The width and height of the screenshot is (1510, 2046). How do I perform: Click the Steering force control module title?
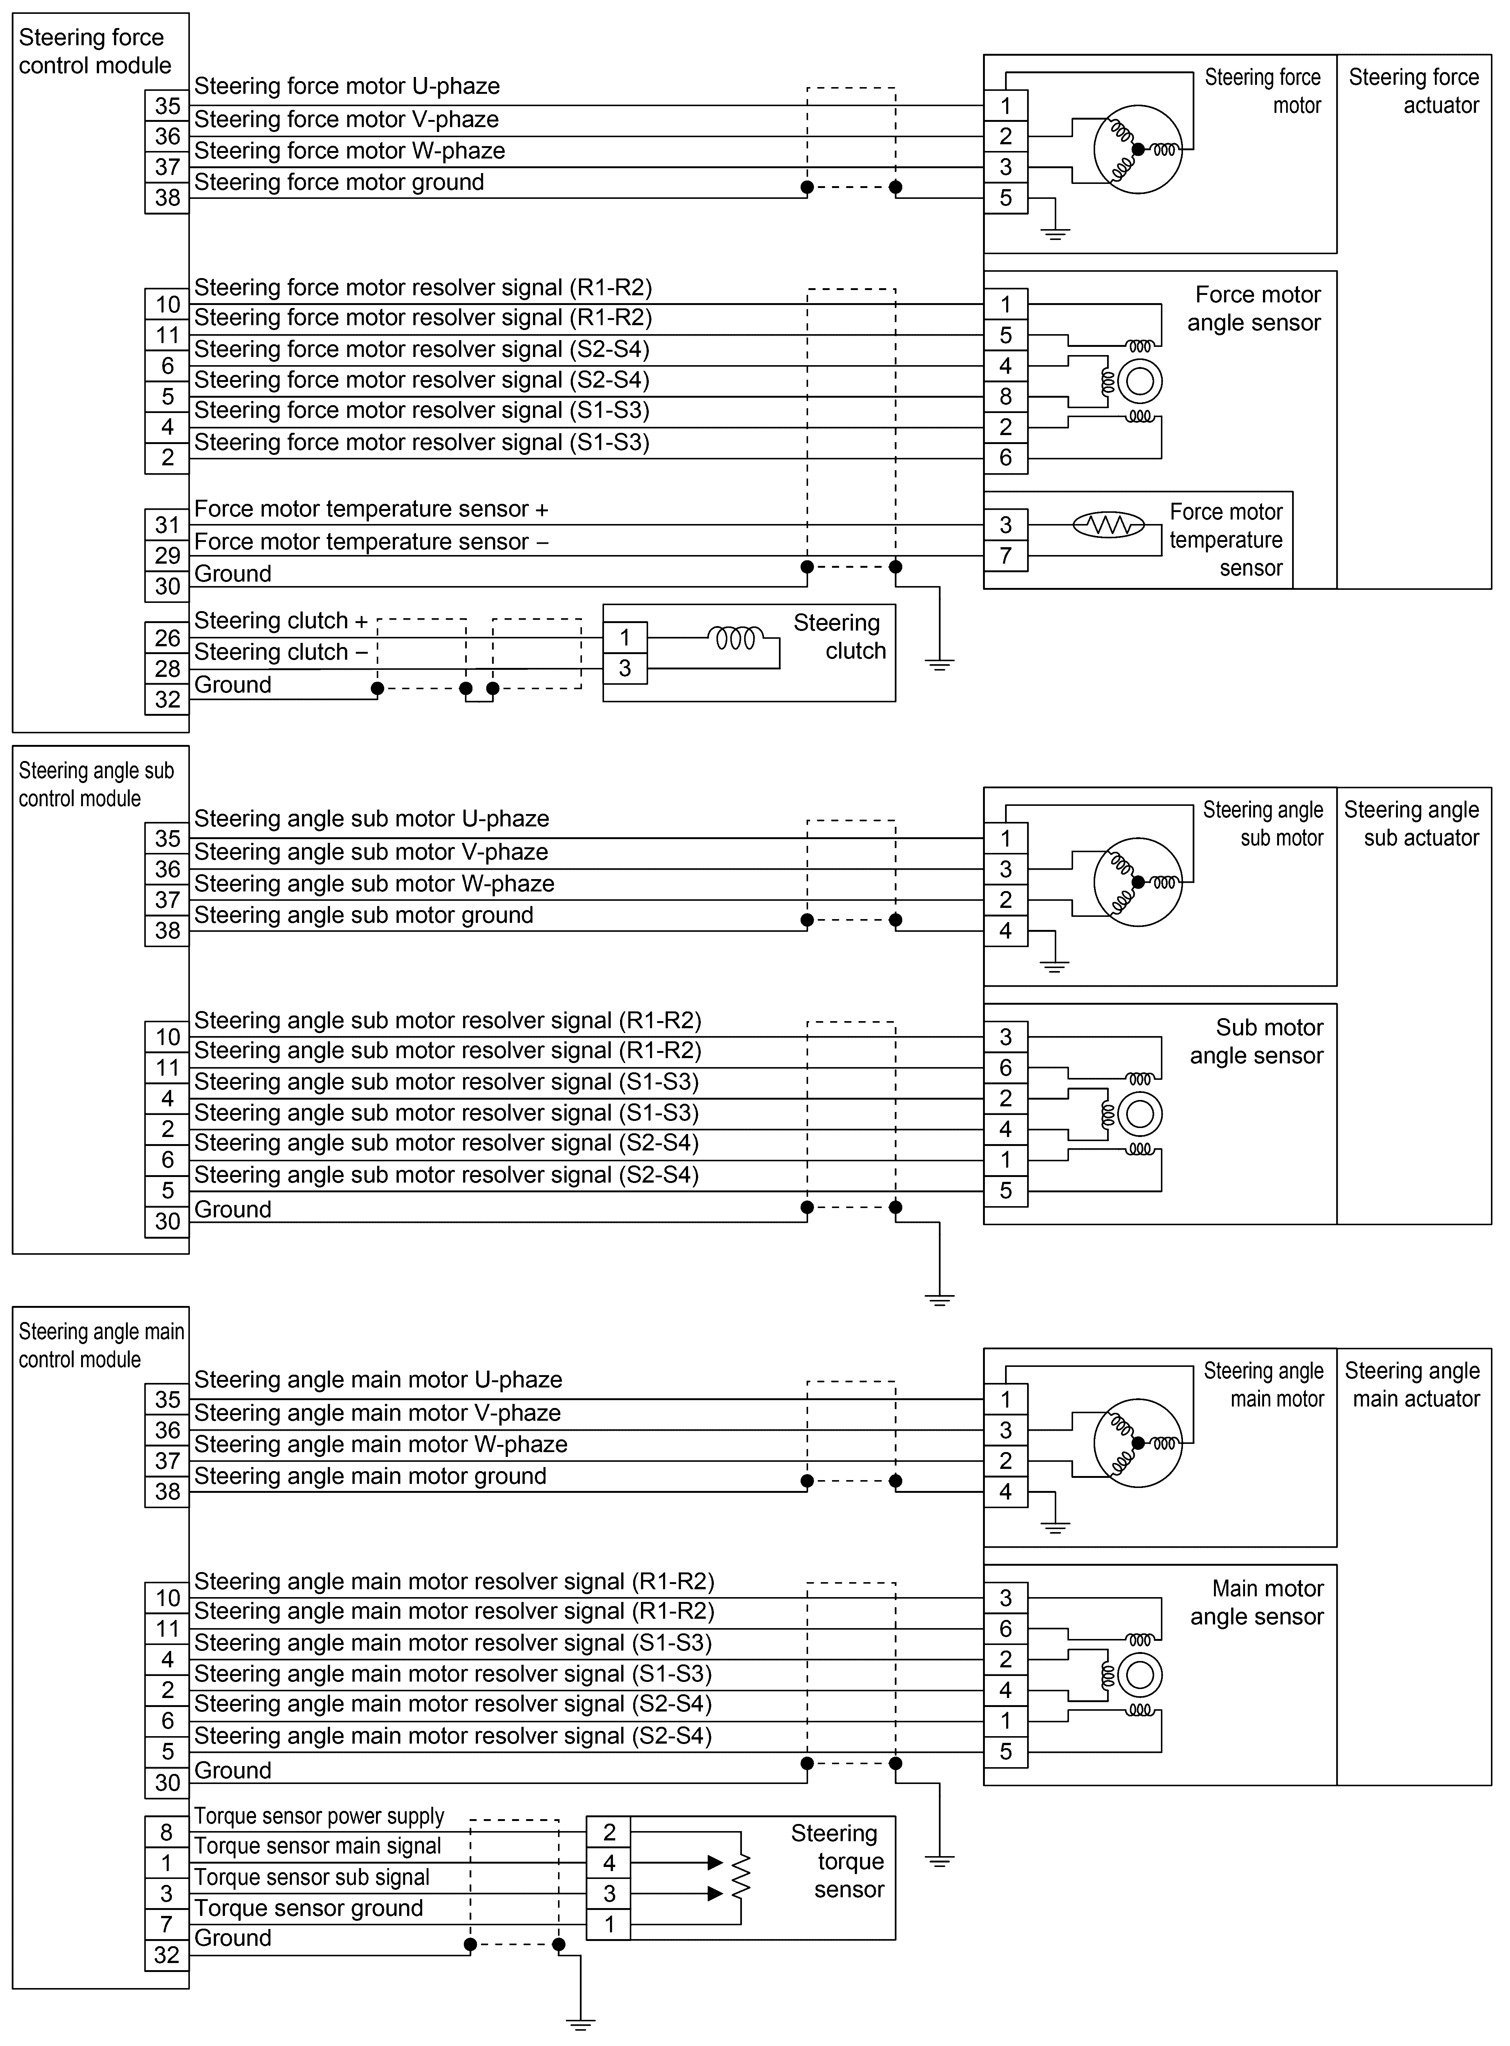click(94, 51)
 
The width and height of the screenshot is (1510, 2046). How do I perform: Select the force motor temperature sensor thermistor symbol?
click(1108, 524)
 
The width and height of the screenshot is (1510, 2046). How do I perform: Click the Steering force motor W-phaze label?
click(349, 151)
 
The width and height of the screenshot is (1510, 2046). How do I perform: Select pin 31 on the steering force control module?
click(167, 524)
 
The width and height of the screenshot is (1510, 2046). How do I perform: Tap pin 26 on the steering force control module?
click(167, 638)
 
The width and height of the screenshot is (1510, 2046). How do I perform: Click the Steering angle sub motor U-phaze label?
click(371, 819)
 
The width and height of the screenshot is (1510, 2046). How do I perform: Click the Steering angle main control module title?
click(101, 1345)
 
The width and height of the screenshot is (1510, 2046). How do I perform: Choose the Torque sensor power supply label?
click(318, 1816)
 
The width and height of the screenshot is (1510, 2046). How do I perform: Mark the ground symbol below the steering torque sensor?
click(580, 2022)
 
